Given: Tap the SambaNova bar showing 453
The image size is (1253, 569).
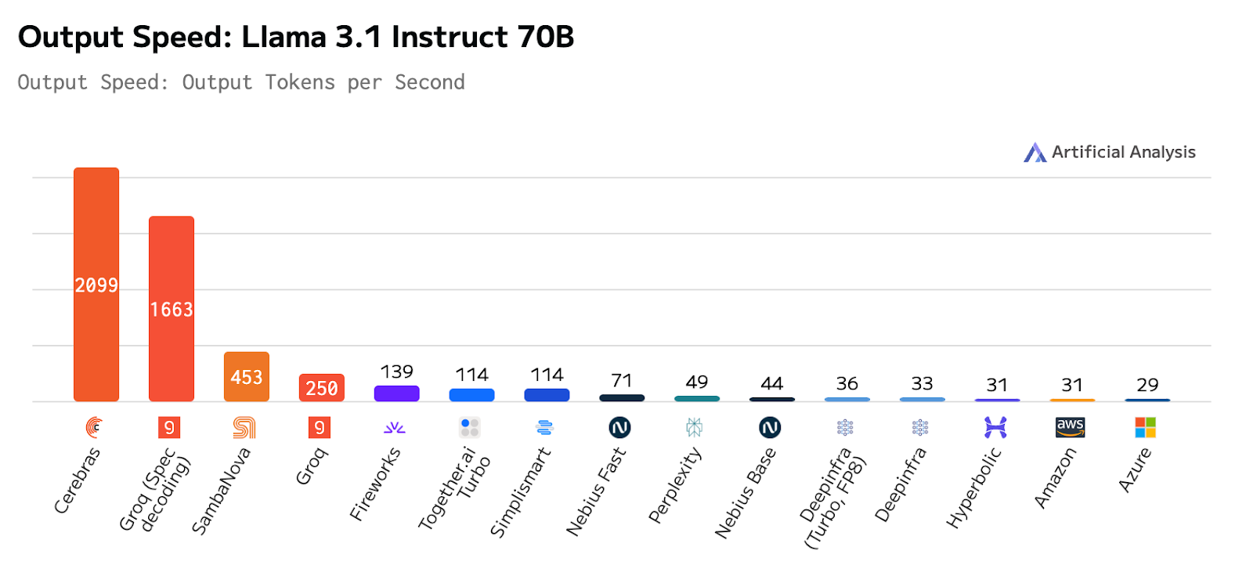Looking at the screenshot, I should [247, 377].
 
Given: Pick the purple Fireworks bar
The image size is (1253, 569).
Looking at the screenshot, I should [397, 393].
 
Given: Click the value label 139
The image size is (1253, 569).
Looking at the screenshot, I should [397, 371].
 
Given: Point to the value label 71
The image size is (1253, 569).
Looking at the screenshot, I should [622, 381].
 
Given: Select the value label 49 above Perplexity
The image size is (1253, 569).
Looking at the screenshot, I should [697, 382].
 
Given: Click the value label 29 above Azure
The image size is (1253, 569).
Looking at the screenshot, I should [1147, 385].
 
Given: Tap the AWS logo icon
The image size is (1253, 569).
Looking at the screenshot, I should [1071, 427].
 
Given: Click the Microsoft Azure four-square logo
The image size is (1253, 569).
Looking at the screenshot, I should [1146, 427].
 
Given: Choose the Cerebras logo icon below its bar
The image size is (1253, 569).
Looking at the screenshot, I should [95, 427].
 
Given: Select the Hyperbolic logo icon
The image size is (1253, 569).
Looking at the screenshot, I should [995, 427].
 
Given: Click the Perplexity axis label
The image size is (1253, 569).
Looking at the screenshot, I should [674, 485].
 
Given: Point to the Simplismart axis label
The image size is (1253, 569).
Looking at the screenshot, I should [520, 493].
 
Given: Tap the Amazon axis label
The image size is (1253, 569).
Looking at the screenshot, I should [1055, 478].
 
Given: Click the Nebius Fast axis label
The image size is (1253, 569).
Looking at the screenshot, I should [596, 492].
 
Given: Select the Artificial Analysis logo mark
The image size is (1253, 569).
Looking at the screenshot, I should [1035, 152].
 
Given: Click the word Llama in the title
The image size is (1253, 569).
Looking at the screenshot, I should [284, 37].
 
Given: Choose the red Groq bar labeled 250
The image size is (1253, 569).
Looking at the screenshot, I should [322, 388].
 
